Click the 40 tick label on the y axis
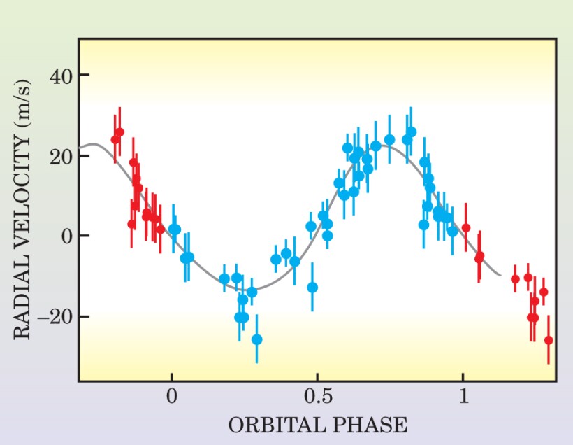pyautogui.click(x=61, y=76)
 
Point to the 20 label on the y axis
pyautogui.click(x=61, y=156)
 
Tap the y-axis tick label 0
pyautogui.click(x=67, y=236)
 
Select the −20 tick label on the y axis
pyautogui.click(x=55, y=316)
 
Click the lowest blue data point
pyautogui.click(x=257, y=339)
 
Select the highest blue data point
pyautogui.click(x=411, y=132)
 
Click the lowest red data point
pyautogui.click(x=549, y=340)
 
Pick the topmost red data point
pyautogui.click(x=119, y=132)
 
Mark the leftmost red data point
pyautogui.click(x=115, y=139)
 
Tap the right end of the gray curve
pyautogui.click(x=500, y=274)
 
